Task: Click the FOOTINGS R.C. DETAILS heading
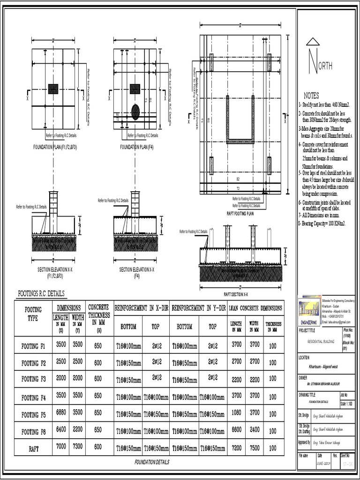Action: coord(41,294)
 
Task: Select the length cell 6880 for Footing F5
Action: coord(61,413)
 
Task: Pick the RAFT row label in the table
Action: coord(33,448)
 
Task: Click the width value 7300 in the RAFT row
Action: coord(78,447)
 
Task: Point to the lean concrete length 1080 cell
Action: coord(236,413)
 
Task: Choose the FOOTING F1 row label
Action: coord(33,347)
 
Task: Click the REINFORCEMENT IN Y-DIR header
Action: coord(199,308)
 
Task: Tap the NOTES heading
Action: coord(311,96)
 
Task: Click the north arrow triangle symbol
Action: coord(313,42)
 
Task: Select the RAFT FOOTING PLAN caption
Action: coord(240,213)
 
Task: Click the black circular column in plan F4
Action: coord(135,112)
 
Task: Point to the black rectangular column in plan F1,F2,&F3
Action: coord(53,89)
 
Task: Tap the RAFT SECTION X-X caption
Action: coord(236,294)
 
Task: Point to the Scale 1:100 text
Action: coord(347,403)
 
